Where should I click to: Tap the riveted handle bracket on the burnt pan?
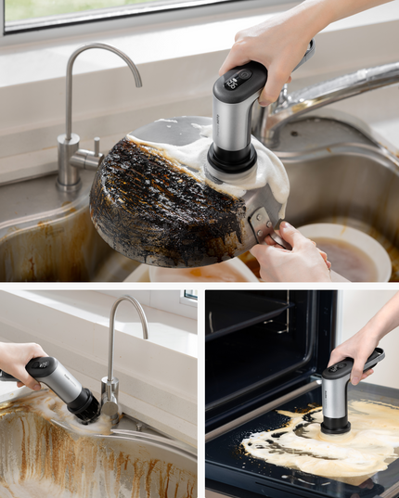tap(262, 223)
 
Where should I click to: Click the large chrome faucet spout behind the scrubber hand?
tap(343, 88)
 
